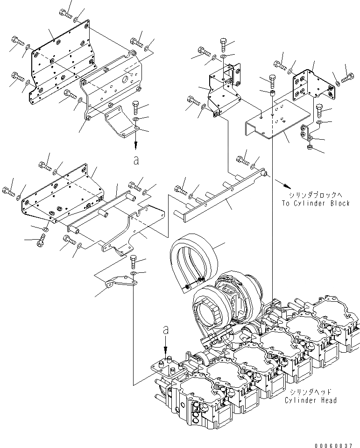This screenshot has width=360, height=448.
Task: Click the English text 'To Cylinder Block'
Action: pos(315,203)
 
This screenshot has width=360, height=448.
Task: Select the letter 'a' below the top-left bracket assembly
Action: pos(136,160)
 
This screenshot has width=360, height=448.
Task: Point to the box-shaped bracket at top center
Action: pos(222,91)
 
